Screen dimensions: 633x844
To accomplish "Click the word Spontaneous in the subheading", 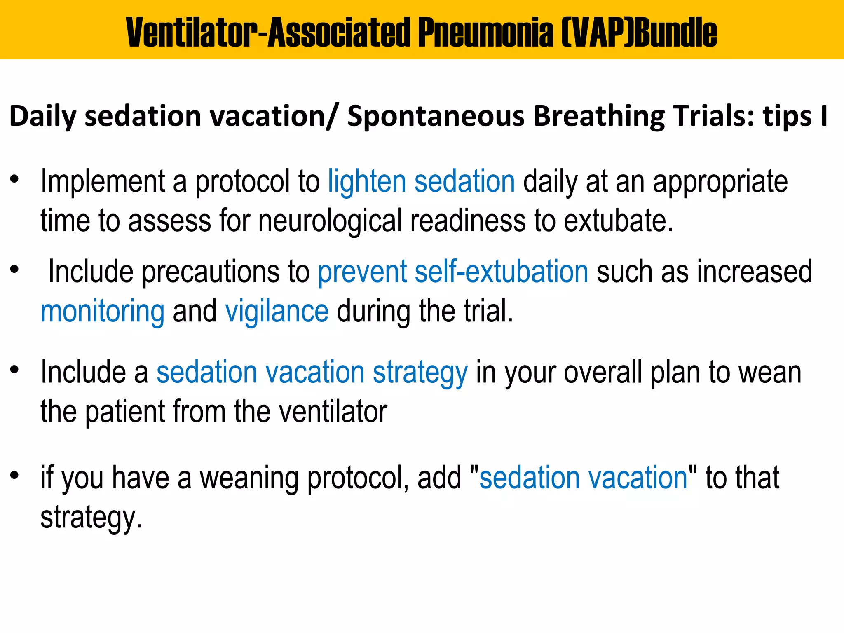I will click(x=436, y=116).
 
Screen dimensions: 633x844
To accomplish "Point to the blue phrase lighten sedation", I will click(x=421, y=182).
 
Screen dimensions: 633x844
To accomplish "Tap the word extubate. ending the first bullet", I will click(x=618, y=221).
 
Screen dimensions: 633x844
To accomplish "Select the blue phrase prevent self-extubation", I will click(x=453, y=272).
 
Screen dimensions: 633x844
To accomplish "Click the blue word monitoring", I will click(x=102, y=312).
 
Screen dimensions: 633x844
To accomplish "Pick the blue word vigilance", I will click(x=277, y=312).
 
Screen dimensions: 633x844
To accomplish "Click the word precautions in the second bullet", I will click(x=211, y=272).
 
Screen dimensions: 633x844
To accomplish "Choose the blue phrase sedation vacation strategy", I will click(x=312, y=373).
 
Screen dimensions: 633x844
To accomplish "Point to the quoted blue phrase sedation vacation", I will click(x=584, y=478).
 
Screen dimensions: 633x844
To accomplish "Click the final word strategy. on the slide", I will click(x=91, y=518).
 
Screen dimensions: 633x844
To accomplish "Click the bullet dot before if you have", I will click(x=15, y=476).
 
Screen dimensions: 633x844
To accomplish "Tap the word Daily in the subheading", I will click(x=42, y=116).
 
